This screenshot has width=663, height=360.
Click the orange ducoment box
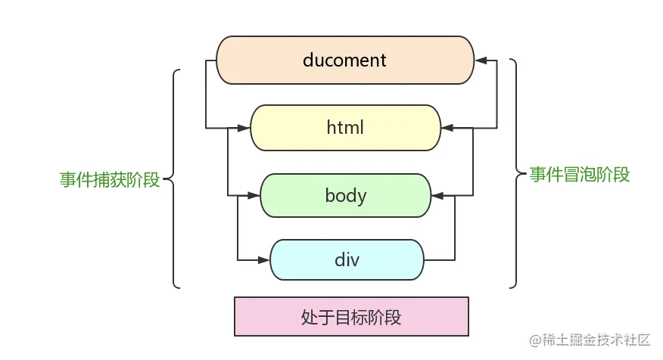(x=345, y=60)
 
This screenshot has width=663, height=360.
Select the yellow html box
(x=345, y=128)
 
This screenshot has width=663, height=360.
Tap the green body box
(x=345, y=196)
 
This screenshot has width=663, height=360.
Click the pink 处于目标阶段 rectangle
(x=351, y=317)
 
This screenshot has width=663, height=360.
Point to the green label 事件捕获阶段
(x=110, y=180)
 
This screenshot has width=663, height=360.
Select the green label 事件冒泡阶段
(x=579, y=175)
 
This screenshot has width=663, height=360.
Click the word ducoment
(x=344, y=60)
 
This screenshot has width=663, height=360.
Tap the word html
(x=345, y=128)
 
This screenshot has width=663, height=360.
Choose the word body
(x=345, y=196)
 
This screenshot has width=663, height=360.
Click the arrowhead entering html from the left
(x=244, y=128)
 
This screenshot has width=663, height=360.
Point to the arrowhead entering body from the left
(x=254, y=196)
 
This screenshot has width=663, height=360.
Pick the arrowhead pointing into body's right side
(x=437, y=196)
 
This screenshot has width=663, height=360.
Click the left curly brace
(x=174, y=179)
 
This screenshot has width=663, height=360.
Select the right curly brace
(x=516, y=175)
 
